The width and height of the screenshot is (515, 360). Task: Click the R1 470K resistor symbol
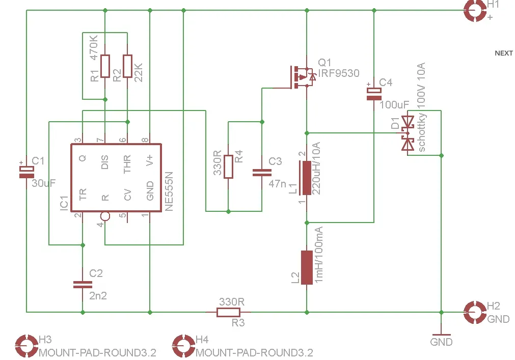click(105, 66)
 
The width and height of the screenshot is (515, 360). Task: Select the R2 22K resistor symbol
click(127, 66)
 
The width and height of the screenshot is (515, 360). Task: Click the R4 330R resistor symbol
click(228, 167)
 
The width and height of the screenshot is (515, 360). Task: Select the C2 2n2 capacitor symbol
click(82, 284)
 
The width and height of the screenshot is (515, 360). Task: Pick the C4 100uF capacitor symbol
click(374, 94)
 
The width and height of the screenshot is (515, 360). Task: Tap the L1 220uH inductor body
click(306, 178)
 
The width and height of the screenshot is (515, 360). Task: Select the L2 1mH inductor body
click(306, 267)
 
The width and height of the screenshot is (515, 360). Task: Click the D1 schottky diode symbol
click(408, 133)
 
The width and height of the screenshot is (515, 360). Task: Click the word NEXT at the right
click(504, 53)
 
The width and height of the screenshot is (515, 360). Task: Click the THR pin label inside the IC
click(127, 164)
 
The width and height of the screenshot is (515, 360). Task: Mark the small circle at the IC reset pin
click(104, 216)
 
